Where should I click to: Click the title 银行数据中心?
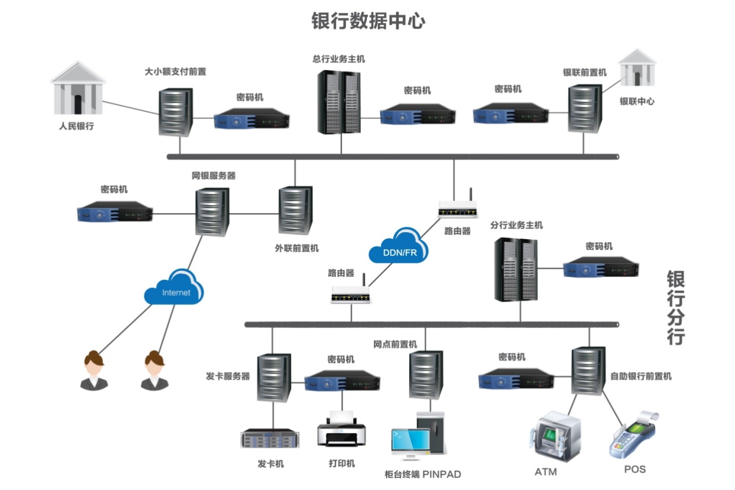click(x=368, y=21)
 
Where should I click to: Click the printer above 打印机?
click(x=341, y=430)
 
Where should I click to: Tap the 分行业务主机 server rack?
click(x=516, y=269)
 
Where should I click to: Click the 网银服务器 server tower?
click(x=212, y=211)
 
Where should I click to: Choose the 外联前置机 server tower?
click(x=295, y=210)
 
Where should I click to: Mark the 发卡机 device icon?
click(x=271, y=439)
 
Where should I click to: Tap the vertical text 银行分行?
click(x=675, y=308)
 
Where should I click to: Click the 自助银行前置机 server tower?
click(x=588, y=370)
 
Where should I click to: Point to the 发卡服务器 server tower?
click(x=273, y=377)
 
